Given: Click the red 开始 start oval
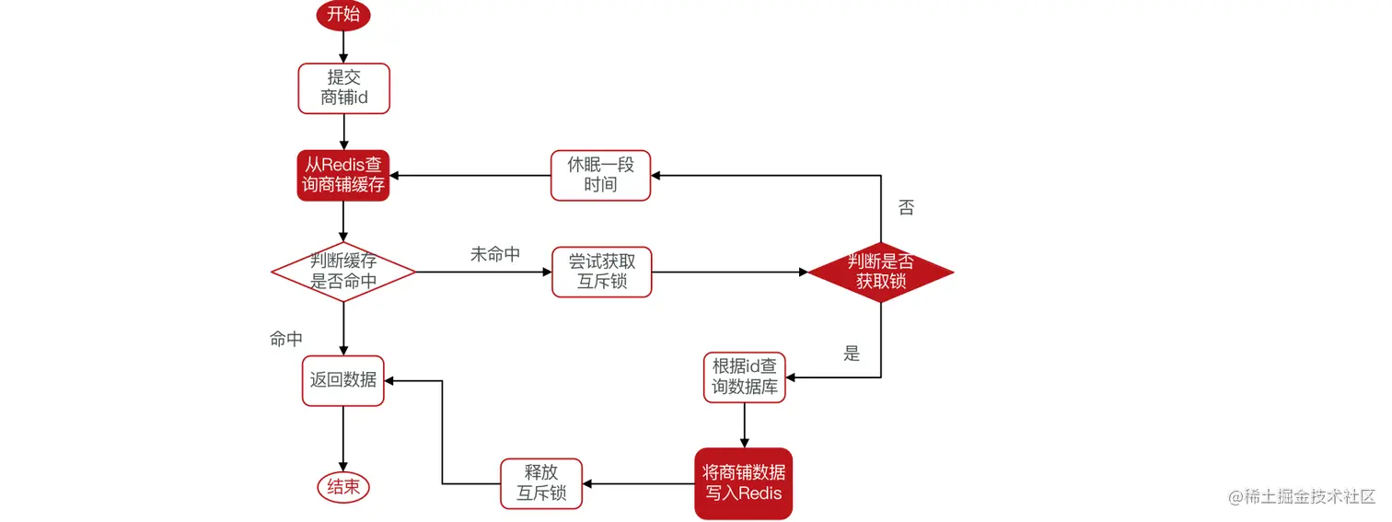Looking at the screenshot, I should (x=343, y=15).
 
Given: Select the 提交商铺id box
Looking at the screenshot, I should (x=343, y=88).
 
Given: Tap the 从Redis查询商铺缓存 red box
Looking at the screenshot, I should (x=343, y=176).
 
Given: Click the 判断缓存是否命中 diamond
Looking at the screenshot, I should (x=343, y=272).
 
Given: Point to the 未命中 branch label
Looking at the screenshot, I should (x=495, y=255).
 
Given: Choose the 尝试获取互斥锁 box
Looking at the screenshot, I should (x=601, y=272).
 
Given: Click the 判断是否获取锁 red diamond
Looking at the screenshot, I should (x=881, y=272).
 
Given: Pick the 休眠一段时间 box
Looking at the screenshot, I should (x=600, y=176).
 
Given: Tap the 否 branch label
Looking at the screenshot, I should (x=906, y=208).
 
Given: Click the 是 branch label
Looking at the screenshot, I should (x=852, y=354).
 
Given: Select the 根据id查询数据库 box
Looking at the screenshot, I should (x=745, y=377).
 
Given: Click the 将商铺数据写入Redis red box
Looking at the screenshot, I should (x=743, y=483).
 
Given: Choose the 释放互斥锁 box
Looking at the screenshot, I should (x=541, y=483).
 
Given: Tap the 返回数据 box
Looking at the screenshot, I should (x=343, y=379).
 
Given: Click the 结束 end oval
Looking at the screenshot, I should (x=343, y=487).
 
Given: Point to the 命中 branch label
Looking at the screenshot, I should (x=285, y=340).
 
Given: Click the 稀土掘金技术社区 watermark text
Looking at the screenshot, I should (x=1308, y=497).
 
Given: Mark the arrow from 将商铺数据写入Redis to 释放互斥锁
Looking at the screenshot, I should (x=639, y=483).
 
